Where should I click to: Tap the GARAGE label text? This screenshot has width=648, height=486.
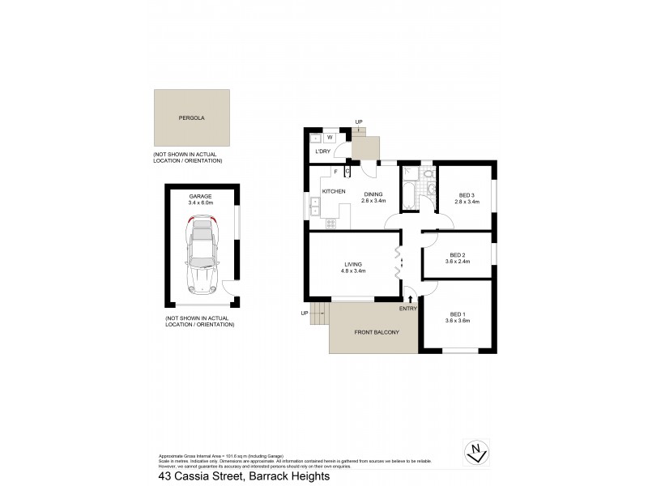tap(200, 197)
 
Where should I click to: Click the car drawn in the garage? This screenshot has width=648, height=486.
tap(200, 256)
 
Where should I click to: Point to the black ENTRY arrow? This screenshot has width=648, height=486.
tap(410, 301)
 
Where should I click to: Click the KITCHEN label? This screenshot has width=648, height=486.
tap(335, 191)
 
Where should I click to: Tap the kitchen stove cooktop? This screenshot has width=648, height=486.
tap(330, 222)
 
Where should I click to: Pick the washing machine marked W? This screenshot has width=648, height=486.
tap(330, 138)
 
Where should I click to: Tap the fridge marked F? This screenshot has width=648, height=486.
tap(335, 171)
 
